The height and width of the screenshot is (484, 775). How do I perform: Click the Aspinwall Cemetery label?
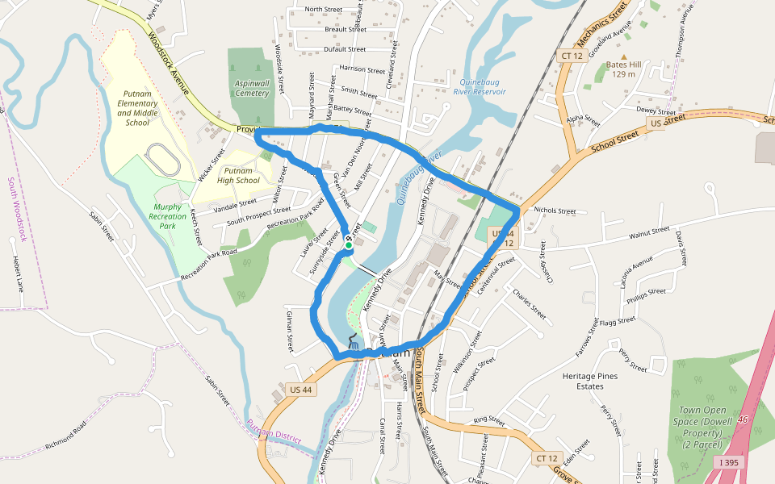tap(252, 88)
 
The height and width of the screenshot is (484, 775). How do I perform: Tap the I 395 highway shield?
tap(731, 462)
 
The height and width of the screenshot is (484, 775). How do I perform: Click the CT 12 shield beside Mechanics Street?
tap(571, 55)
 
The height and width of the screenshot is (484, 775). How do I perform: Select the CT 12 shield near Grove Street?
tap(547, 458)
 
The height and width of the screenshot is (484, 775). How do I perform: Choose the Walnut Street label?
tap(650, 232)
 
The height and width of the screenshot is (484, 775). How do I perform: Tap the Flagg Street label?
tap(618, 322)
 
